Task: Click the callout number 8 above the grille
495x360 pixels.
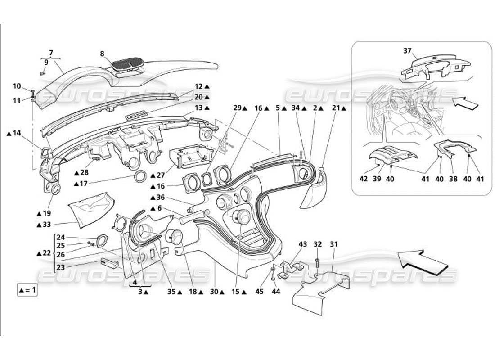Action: (102, 54)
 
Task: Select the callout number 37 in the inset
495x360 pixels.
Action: (407, 50)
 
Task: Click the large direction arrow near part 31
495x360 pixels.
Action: (423, 262)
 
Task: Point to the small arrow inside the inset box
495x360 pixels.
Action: (465, 104)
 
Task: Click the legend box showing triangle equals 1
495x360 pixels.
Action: (27, 290)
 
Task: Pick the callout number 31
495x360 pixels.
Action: (333, 244)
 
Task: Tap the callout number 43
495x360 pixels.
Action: (303, 244)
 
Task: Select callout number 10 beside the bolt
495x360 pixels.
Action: (17, 86)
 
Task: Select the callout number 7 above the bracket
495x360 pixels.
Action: (51, 53)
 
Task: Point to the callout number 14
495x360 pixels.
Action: (17, 133)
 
